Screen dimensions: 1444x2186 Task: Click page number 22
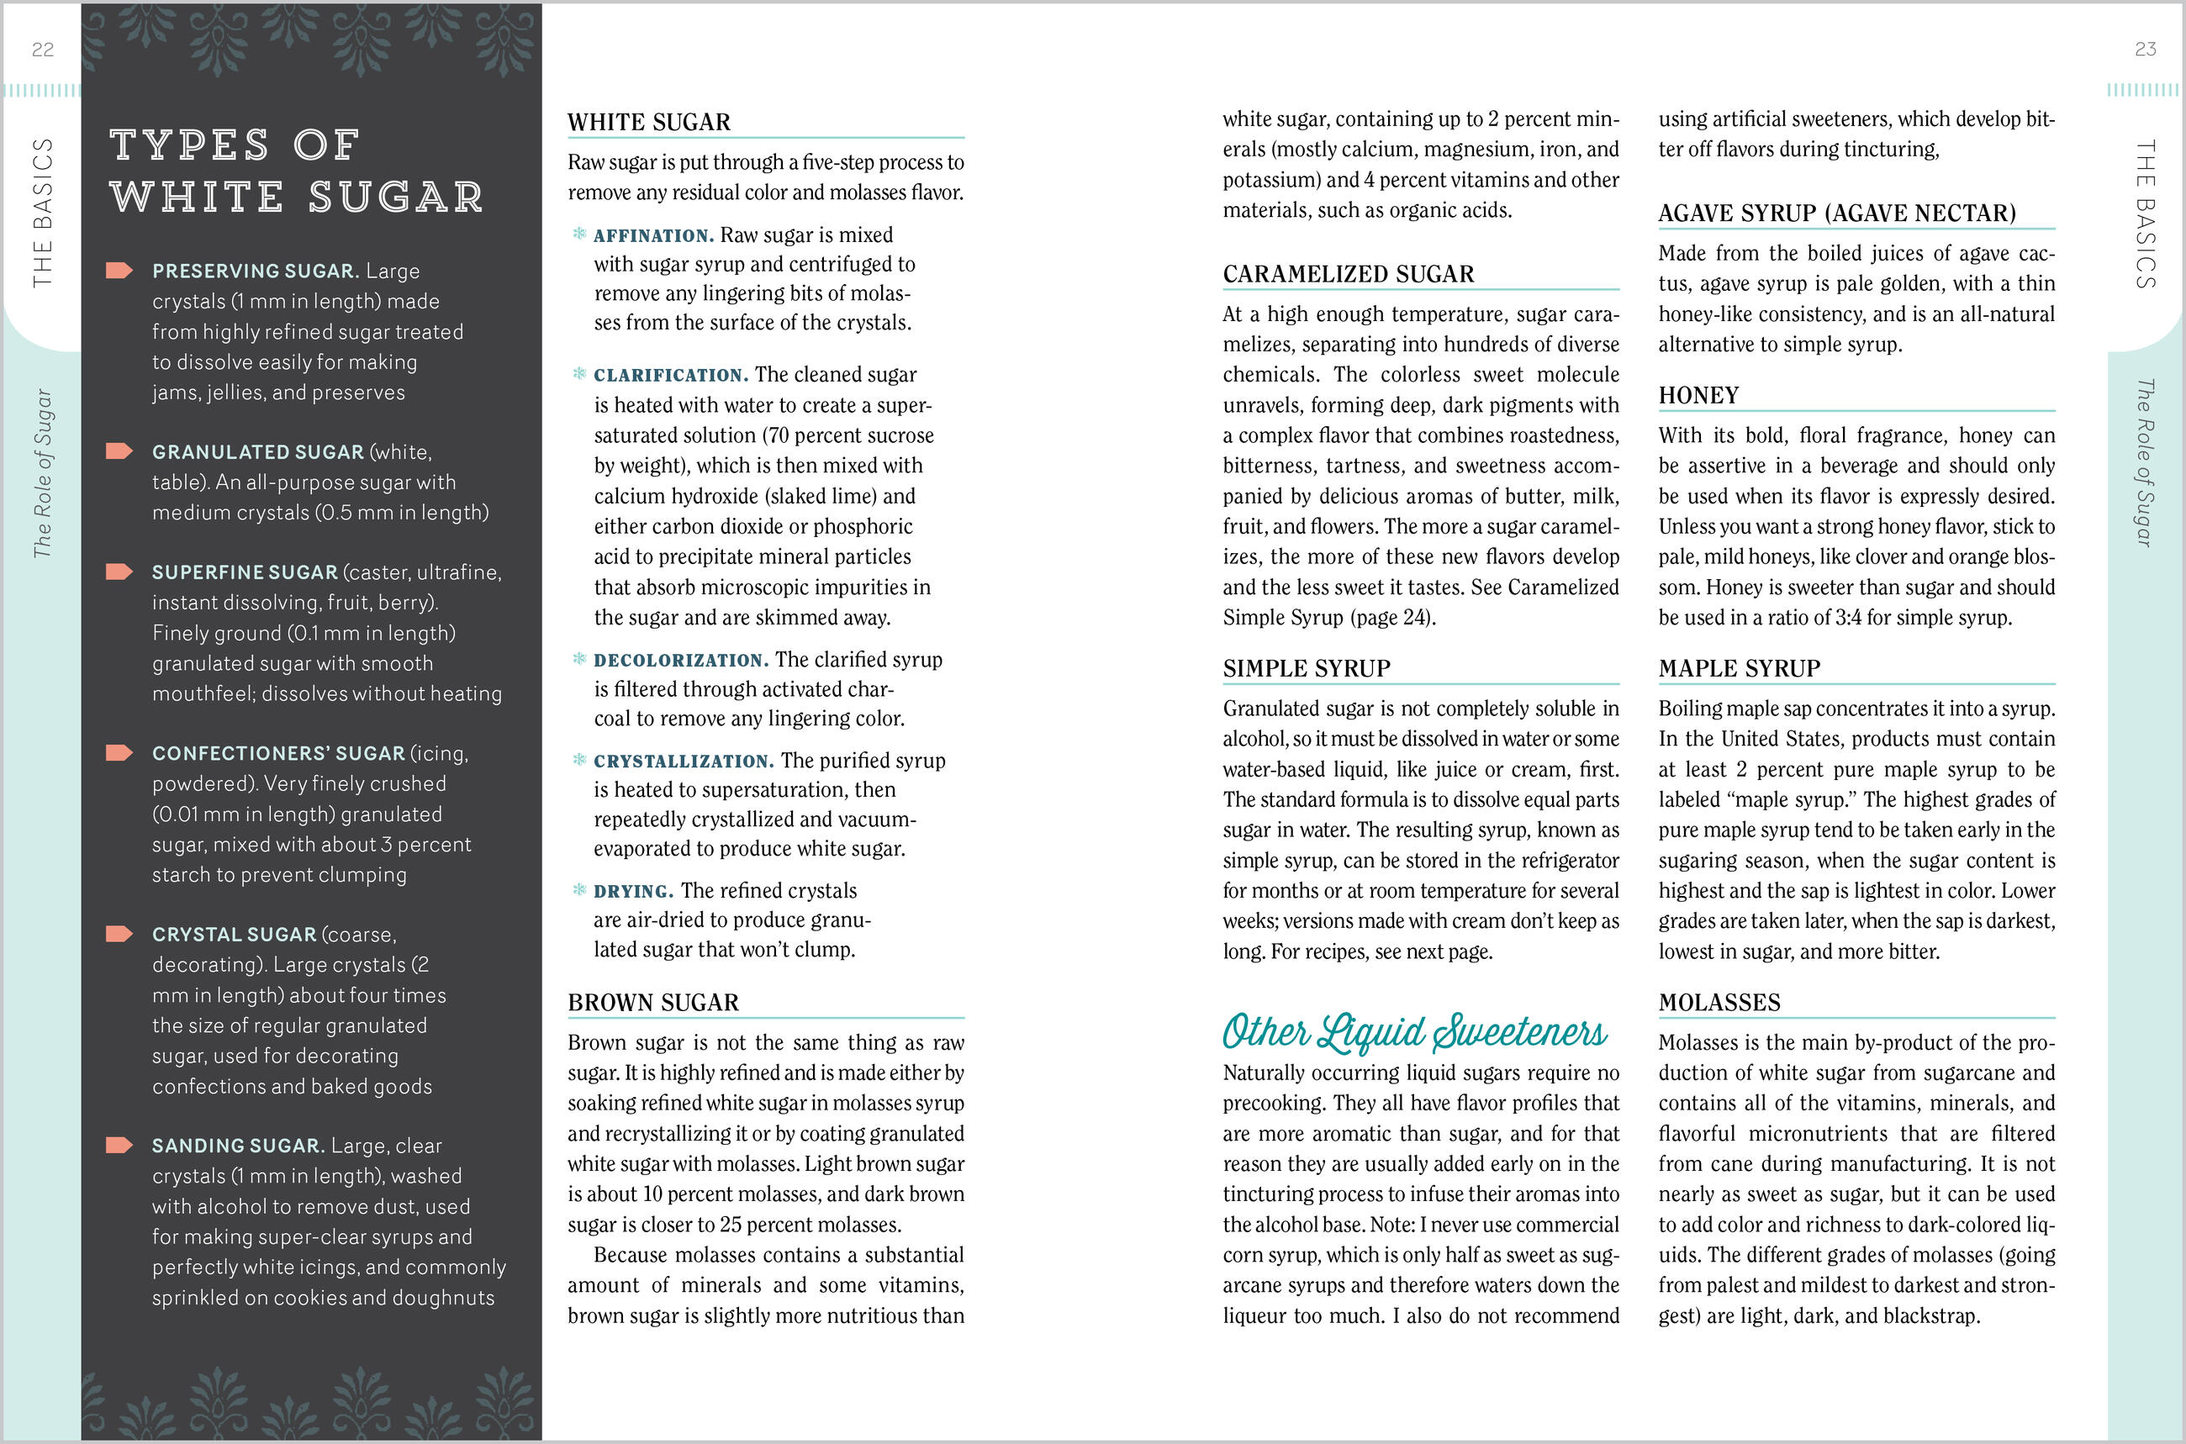42,50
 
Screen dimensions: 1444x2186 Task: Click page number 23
2146,50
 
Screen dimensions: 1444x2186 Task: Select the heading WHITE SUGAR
648,123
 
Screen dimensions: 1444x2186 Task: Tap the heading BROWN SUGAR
653,1003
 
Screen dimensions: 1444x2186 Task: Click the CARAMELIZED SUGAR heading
1349,275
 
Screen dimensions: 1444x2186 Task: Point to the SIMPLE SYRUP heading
1307,668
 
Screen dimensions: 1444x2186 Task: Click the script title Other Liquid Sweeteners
1414,1032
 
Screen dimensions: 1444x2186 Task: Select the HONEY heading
1698,396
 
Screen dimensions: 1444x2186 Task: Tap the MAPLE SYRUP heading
1740,668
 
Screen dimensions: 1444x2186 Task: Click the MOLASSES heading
1719,1003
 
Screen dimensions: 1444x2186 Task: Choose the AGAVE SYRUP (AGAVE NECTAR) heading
1837,213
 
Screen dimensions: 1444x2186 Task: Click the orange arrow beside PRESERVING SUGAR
119,270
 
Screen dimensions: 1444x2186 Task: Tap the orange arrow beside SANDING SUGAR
119,1145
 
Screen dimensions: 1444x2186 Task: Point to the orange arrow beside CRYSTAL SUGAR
119,934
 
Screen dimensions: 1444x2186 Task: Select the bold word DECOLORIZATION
681,661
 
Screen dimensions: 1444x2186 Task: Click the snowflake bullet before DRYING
579,889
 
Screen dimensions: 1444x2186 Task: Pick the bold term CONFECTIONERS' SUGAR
278,753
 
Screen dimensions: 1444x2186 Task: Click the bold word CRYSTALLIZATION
684,762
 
